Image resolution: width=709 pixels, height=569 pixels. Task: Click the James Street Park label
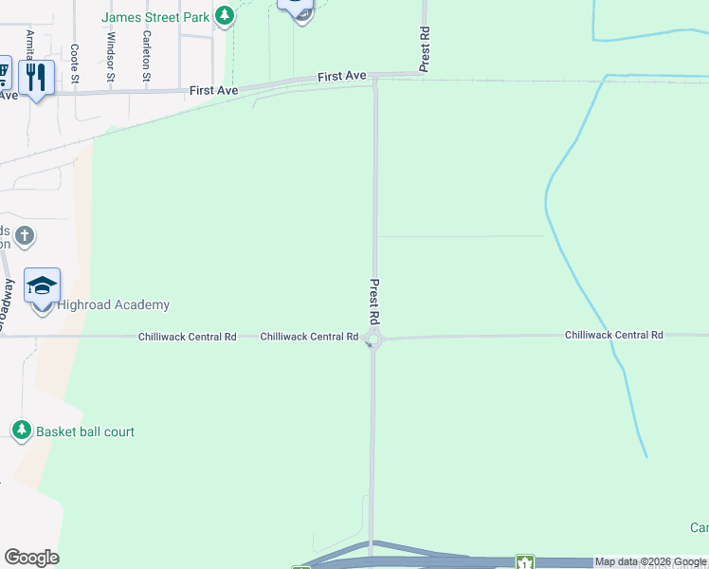tap(155, 16)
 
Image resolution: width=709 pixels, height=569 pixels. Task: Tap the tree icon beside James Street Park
tap(224, 15)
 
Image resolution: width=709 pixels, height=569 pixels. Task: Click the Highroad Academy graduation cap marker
tap(43, 285)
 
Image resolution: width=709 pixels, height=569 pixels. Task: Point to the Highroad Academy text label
tap(114, 304)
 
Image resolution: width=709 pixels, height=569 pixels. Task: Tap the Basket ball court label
tap(85, 431)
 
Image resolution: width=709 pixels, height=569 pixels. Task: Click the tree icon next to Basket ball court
tap(21, 431)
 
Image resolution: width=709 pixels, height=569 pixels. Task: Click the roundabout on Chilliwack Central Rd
tap(373, 339)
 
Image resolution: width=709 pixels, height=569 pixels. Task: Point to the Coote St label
tap(75, 64)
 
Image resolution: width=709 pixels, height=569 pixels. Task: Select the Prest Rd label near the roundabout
tap(374, 301)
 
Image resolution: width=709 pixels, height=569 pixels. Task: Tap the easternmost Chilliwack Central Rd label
tap(613, 335)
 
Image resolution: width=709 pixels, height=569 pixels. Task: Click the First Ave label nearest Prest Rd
tap(341, 76)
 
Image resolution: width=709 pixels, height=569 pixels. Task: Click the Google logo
tap(31, 558)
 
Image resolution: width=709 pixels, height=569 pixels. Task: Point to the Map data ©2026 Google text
tap(650, 562)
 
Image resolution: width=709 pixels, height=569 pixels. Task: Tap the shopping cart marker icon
tap(3, 73)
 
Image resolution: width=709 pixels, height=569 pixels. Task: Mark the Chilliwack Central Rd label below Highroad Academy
tap(188, 337)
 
